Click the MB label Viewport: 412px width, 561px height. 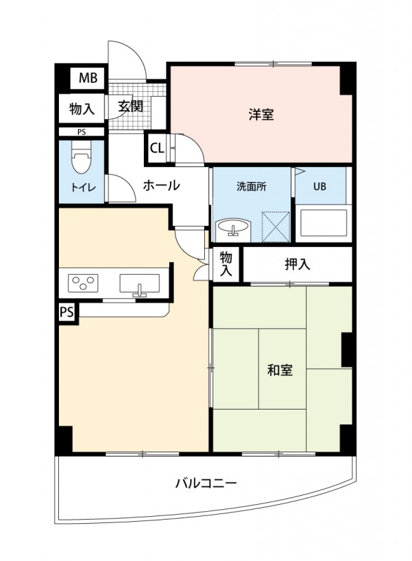point(88,78)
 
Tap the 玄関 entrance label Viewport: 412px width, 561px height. point(131,107)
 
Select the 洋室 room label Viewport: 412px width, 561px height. point(260,114)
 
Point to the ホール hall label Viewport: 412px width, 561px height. point(162,186)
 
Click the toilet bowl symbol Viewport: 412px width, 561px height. point(81,161)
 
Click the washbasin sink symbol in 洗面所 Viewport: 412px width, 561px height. point(233,228)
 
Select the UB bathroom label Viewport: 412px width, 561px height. point(319,187)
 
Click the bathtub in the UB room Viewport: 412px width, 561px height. point(322,224)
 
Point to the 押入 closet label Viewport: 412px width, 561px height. point(297,264)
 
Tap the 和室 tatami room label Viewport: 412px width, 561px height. point(280,370)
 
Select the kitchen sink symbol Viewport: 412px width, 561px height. point(140,283)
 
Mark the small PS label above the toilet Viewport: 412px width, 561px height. point(81,132)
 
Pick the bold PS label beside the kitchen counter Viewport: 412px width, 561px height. point(67,312)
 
